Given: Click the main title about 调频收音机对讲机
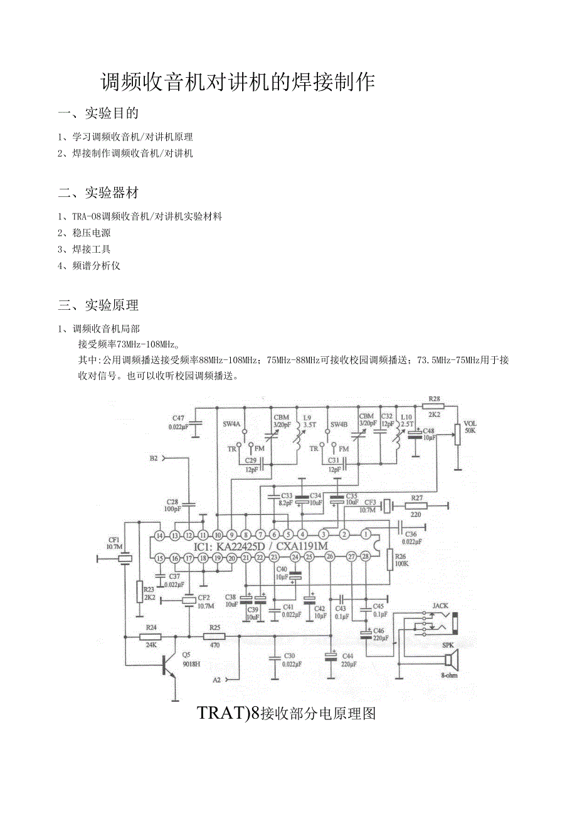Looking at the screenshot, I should [x=238, y=82].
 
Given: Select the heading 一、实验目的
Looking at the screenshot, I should [x=98, y=114].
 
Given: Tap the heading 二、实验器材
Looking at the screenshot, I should [x=98, y=193].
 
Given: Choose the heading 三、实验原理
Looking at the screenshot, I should [x=98, y=305].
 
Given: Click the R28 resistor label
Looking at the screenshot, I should [x=434, y=399].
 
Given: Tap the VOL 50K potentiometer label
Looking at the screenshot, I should [x=470, y=427].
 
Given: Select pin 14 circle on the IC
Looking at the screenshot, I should [x=159, y=535].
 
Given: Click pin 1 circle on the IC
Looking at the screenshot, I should [x=366, y=534].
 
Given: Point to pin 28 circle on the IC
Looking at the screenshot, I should [x=366, y=557].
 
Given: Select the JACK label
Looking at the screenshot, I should [x=440, y=607].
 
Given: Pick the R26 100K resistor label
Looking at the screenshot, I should [x=401, y=559].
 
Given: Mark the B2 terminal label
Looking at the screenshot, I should [x=154, y=458].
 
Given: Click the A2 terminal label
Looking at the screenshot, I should [x=217, y=679].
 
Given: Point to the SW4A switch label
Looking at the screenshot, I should [x=231, y=425].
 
